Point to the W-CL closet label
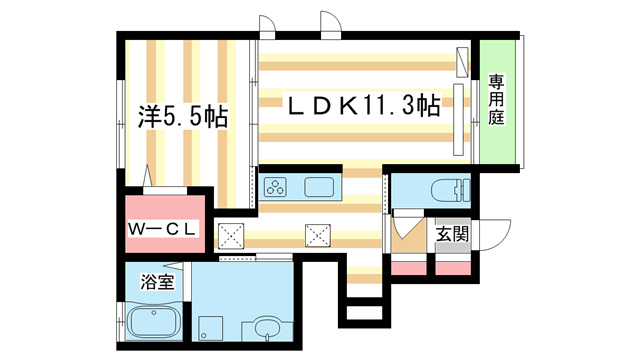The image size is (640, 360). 166,230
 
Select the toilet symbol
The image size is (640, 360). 445,189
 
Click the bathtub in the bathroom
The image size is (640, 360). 155,324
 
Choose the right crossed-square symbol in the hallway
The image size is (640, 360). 318,235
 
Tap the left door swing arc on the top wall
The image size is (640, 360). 266,24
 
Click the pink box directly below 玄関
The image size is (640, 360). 452,267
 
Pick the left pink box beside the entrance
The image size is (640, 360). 407,267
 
